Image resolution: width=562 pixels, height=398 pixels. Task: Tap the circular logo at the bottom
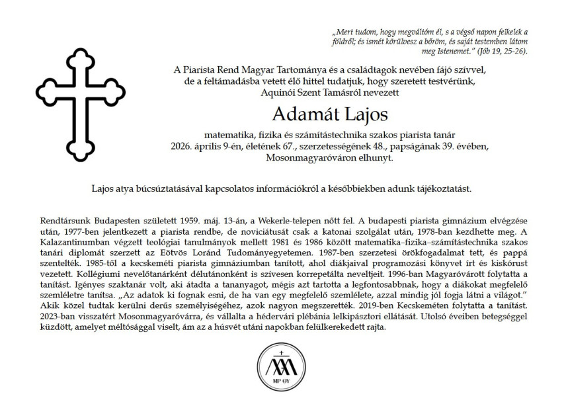click(280, 366)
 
